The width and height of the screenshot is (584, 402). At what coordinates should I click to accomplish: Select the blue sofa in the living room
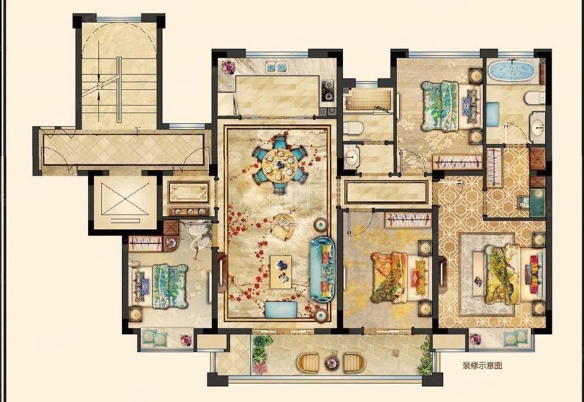(323, 269)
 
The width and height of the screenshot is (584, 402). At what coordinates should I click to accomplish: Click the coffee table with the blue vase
(282, 272)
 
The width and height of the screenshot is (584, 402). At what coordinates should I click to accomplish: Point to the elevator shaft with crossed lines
(125, 202)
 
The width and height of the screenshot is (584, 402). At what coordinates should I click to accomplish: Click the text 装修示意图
(483, 365)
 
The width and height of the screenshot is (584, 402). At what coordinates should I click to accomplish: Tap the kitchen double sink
(276, 67)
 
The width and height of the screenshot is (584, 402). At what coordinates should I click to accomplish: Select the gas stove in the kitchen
(328, 91)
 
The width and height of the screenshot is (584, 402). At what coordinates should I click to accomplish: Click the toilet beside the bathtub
(535, 98)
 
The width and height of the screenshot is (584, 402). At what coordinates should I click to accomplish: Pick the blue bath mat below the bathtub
(492, 114)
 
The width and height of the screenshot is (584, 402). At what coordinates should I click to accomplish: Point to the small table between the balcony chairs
(331, 362)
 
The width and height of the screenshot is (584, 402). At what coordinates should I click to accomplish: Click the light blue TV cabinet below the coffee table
(281, 310)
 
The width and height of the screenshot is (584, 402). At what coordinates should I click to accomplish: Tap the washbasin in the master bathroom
(537, 127)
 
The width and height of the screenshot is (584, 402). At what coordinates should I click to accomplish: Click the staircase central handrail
(119, 90)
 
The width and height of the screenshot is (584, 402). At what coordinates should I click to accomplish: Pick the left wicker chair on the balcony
(308, 362)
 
